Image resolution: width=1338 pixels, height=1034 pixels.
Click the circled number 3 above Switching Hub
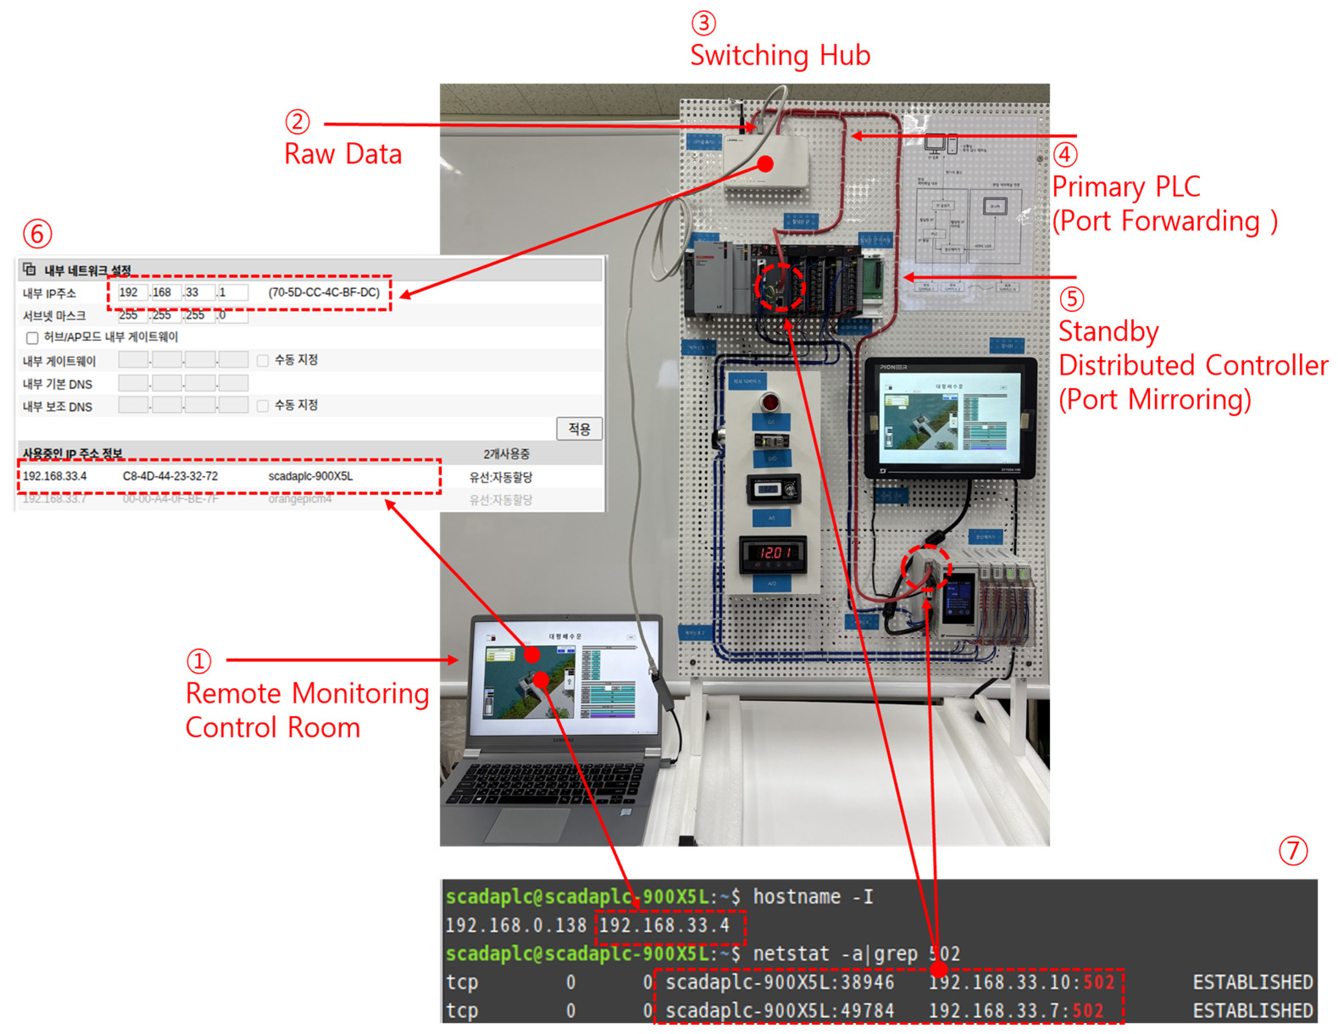tap(703, 23)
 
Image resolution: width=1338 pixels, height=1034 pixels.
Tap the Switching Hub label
tap(779, 56)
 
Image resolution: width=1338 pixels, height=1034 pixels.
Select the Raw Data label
tap(343, 154)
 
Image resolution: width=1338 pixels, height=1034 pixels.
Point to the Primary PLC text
tap(1125, 187)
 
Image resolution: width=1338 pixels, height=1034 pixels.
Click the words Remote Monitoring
tap(307, 694)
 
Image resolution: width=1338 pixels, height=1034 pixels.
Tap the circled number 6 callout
tap(37, 234)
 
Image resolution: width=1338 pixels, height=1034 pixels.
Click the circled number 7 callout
tap(1293, 851)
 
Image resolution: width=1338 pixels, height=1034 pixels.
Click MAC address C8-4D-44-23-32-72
tap(170, 476)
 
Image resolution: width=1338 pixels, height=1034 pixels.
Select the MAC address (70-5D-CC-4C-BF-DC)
tap(324, 292)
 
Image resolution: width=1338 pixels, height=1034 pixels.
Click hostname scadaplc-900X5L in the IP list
tap(310, 476)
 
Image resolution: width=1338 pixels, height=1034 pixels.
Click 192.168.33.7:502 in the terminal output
tap(1016, 1011)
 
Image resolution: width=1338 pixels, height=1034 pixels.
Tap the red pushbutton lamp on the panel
tap(770, 403)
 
